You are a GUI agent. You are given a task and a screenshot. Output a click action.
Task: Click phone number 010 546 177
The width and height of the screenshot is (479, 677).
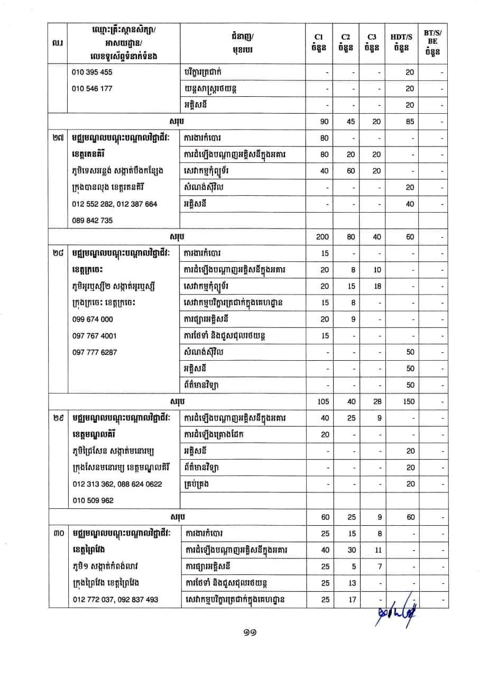pos(92,88)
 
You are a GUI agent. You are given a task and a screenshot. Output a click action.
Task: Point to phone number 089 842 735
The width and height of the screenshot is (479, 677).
pos(92,221)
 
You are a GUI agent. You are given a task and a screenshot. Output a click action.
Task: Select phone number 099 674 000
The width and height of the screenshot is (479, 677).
pos(92,319)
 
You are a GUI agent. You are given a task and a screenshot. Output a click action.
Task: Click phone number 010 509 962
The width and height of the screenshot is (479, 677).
pos(92,500)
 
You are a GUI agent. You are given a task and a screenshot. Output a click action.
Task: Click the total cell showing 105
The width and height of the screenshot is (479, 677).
pos(323,402)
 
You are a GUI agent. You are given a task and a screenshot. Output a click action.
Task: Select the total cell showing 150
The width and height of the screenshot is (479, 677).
pos(409,402)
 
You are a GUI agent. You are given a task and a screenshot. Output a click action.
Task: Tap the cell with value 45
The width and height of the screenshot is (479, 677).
pos(351,122)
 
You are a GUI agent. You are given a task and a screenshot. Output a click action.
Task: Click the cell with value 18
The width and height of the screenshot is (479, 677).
pos(377,286)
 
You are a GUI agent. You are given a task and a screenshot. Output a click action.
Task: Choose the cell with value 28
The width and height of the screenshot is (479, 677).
pos(377,402)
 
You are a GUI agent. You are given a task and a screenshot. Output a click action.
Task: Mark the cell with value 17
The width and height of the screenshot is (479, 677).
pos(351,600)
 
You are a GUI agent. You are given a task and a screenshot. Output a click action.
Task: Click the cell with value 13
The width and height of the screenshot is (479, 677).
pos(351,583)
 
